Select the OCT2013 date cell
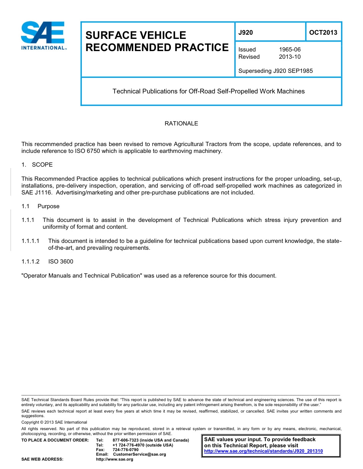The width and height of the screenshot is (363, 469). [x=323, y=32]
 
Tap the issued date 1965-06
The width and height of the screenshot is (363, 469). [x=290, y=50]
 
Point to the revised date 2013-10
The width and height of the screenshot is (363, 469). [x=290, y=57]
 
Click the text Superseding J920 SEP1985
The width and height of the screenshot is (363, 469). [x=275, y=71]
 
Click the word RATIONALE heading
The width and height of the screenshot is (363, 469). [x=181, y=124]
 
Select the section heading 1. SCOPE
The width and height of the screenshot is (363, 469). [x=37, y=165]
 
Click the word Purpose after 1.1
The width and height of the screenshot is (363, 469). [x=49, y=206]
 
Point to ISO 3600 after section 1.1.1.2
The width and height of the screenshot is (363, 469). [x=61, y=262]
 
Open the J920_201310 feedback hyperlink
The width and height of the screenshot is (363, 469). [x=264, y=451]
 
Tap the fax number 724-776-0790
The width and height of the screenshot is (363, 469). [x=126, y=450]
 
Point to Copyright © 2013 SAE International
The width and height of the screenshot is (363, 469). [x=54, y=422]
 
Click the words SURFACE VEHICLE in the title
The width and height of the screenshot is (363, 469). [x=136, y=35]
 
